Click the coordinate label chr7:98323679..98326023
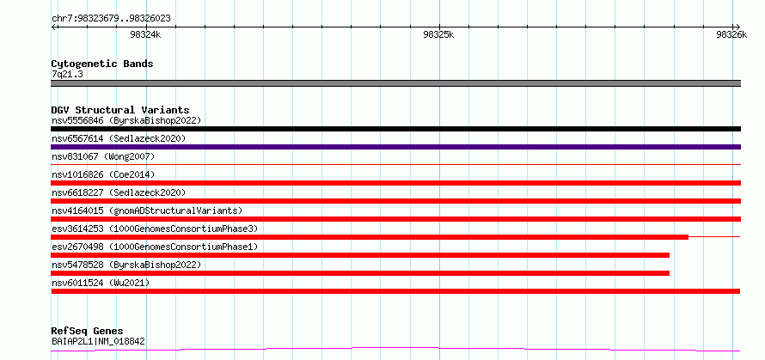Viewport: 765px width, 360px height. [x=111, y=19]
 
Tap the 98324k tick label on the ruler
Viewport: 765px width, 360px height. [x=146, y=34]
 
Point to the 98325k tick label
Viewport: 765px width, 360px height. [x=439, y=34]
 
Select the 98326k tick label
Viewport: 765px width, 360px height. [x=731, y=34]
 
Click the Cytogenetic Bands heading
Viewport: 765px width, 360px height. [x=102, y=64]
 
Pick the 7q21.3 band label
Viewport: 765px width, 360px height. [x=66, y=74]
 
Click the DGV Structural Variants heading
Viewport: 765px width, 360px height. [x=120, y=110]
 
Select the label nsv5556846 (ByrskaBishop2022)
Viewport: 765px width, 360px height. [x=126, y=120]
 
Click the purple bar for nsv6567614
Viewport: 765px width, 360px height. [x=395, y=147]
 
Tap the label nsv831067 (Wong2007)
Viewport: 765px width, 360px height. [x=103, y=156]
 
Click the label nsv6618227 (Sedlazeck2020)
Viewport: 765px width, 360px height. [x=119, y=192]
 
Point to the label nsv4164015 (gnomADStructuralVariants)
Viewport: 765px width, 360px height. [x=147, y=211]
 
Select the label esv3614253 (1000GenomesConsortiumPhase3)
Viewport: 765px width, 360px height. [x=155, y=229]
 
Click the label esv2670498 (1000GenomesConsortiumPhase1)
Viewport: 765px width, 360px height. [x=155, y=247]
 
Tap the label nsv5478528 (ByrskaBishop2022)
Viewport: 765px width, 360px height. [x=126, y=265]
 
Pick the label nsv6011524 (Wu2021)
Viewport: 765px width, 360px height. [x=101, y=283]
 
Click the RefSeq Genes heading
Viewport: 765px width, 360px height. [x=88, y=332]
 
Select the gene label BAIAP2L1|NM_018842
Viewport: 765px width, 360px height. [x=98, y=342]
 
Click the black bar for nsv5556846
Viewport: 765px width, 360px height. [x=395, y=129]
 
